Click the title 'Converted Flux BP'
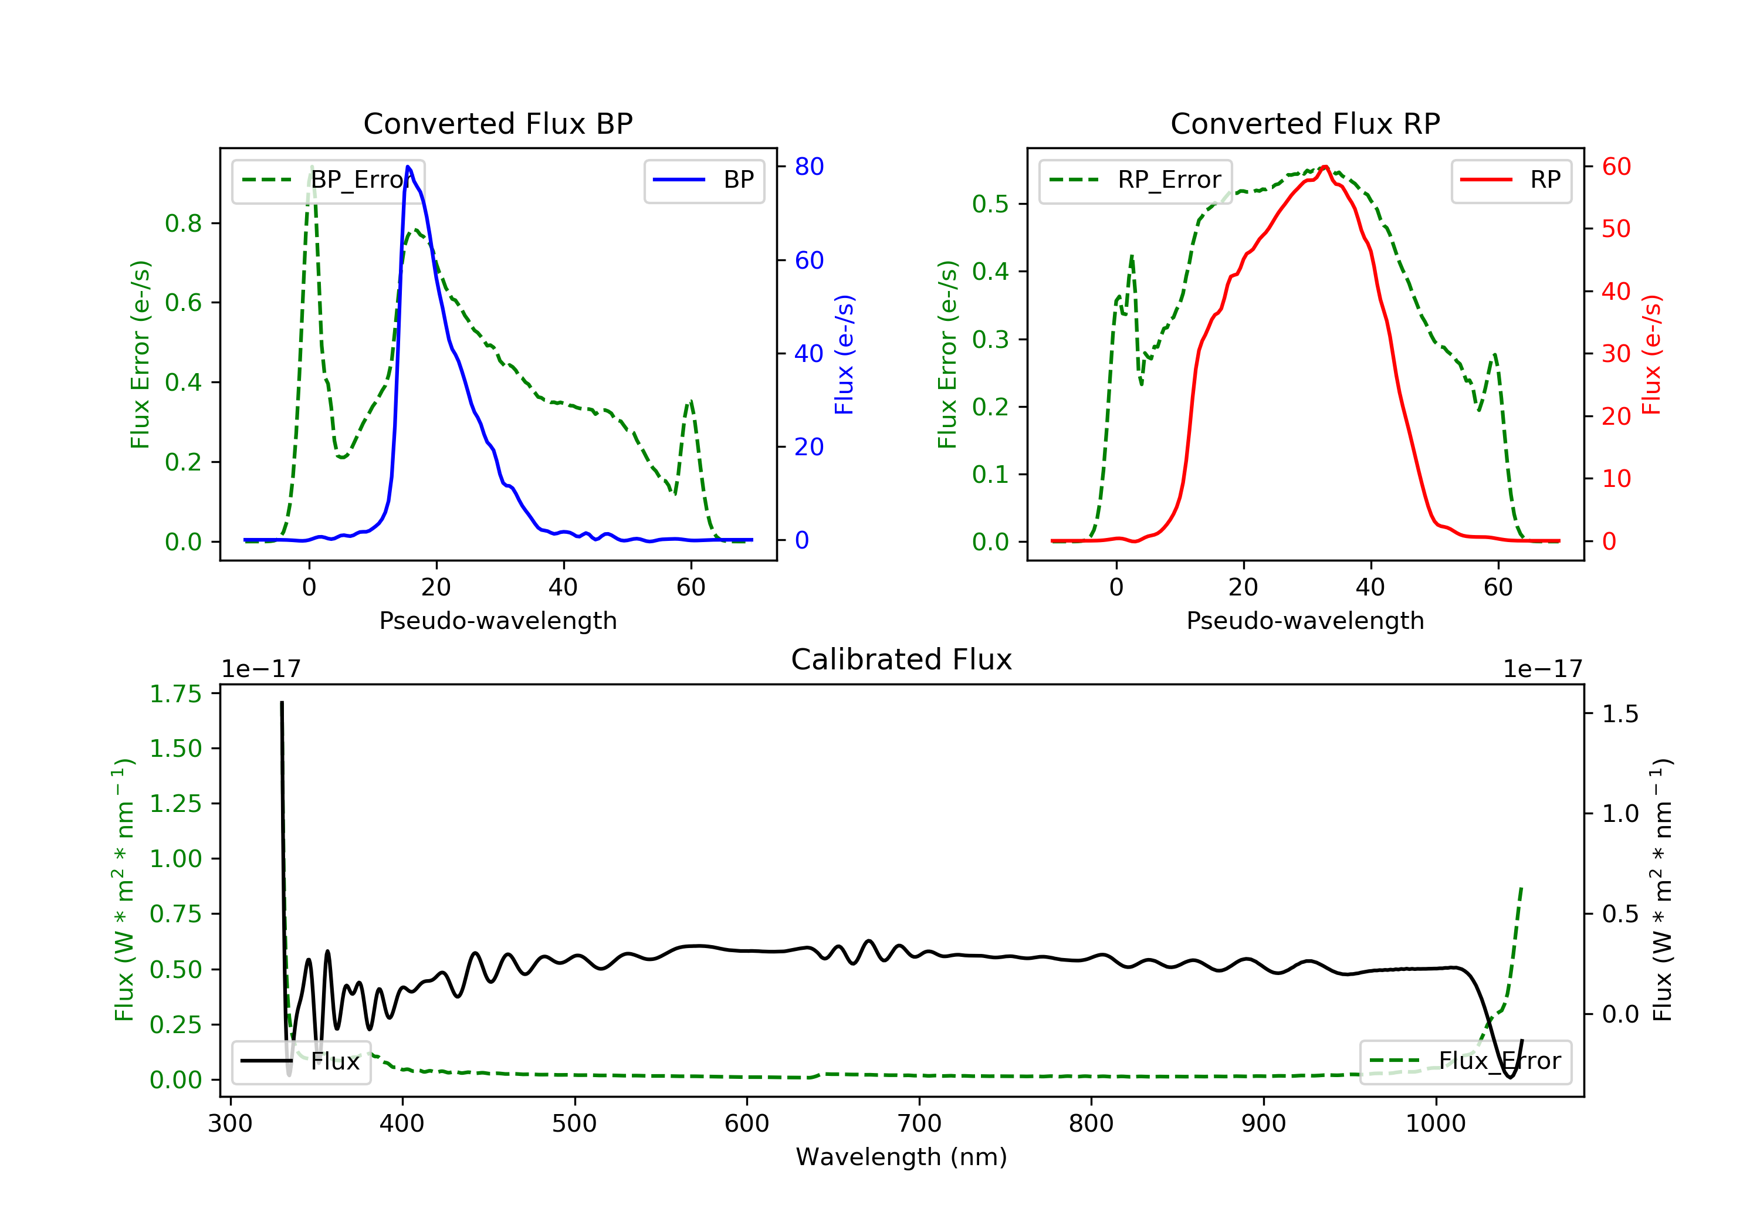(x=497, y=123)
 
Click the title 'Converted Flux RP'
(x=1305, y=123)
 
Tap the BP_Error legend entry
(x=328, y=180)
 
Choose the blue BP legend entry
(x=703, y=180)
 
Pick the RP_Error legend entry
(x=1135, y=180)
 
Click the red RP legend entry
(x=1511, y=180)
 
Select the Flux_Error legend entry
(x=1465, y=1061)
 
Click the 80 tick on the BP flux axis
(x=808, y=167)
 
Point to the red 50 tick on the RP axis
(x=1616, y=228)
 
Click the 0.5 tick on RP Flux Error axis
(x=990, y=204)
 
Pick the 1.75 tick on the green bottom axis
(x=175, y=694)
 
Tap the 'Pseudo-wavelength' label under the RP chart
(x=1305, y=620)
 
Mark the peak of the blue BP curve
(x=408, y=167)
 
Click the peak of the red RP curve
(x=1325, y=167)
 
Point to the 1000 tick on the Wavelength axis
(x=1435, y=1124)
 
